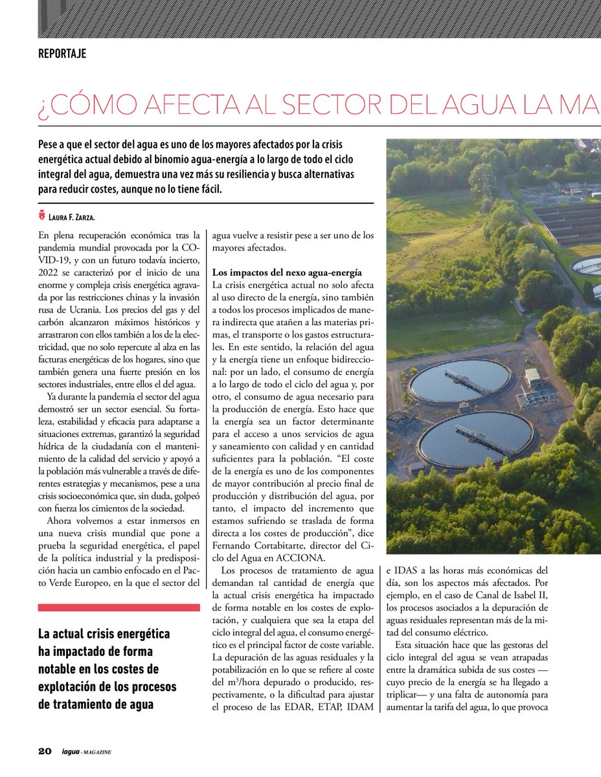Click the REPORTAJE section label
click(x=62, y=54)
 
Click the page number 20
click(x=44, y=751)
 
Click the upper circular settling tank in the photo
click(x=460, y=381)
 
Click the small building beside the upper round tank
click(x=534, y=377)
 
